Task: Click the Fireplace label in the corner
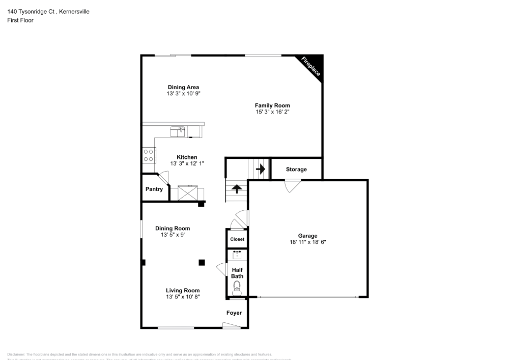tap(310, 67)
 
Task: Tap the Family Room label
tap(272, 105)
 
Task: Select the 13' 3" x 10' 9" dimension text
tap(183, 94)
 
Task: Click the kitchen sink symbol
tap(177, 132)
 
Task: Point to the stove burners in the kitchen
tap(149, 155)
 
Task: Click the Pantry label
tap(154, 189)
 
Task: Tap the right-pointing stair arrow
tap(261, 169)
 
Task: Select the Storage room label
tap(296, 169)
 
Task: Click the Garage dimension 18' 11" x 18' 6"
tap(308, 242)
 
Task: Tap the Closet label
tap(237, 239)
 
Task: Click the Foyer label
tap(234, 313)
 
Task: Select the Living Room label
tap(183, 290)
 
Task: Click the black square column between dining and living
tap(202, 262)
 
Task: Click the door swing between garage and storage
tap(293, 187)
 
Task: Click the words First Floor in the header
tap(20, 20)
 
